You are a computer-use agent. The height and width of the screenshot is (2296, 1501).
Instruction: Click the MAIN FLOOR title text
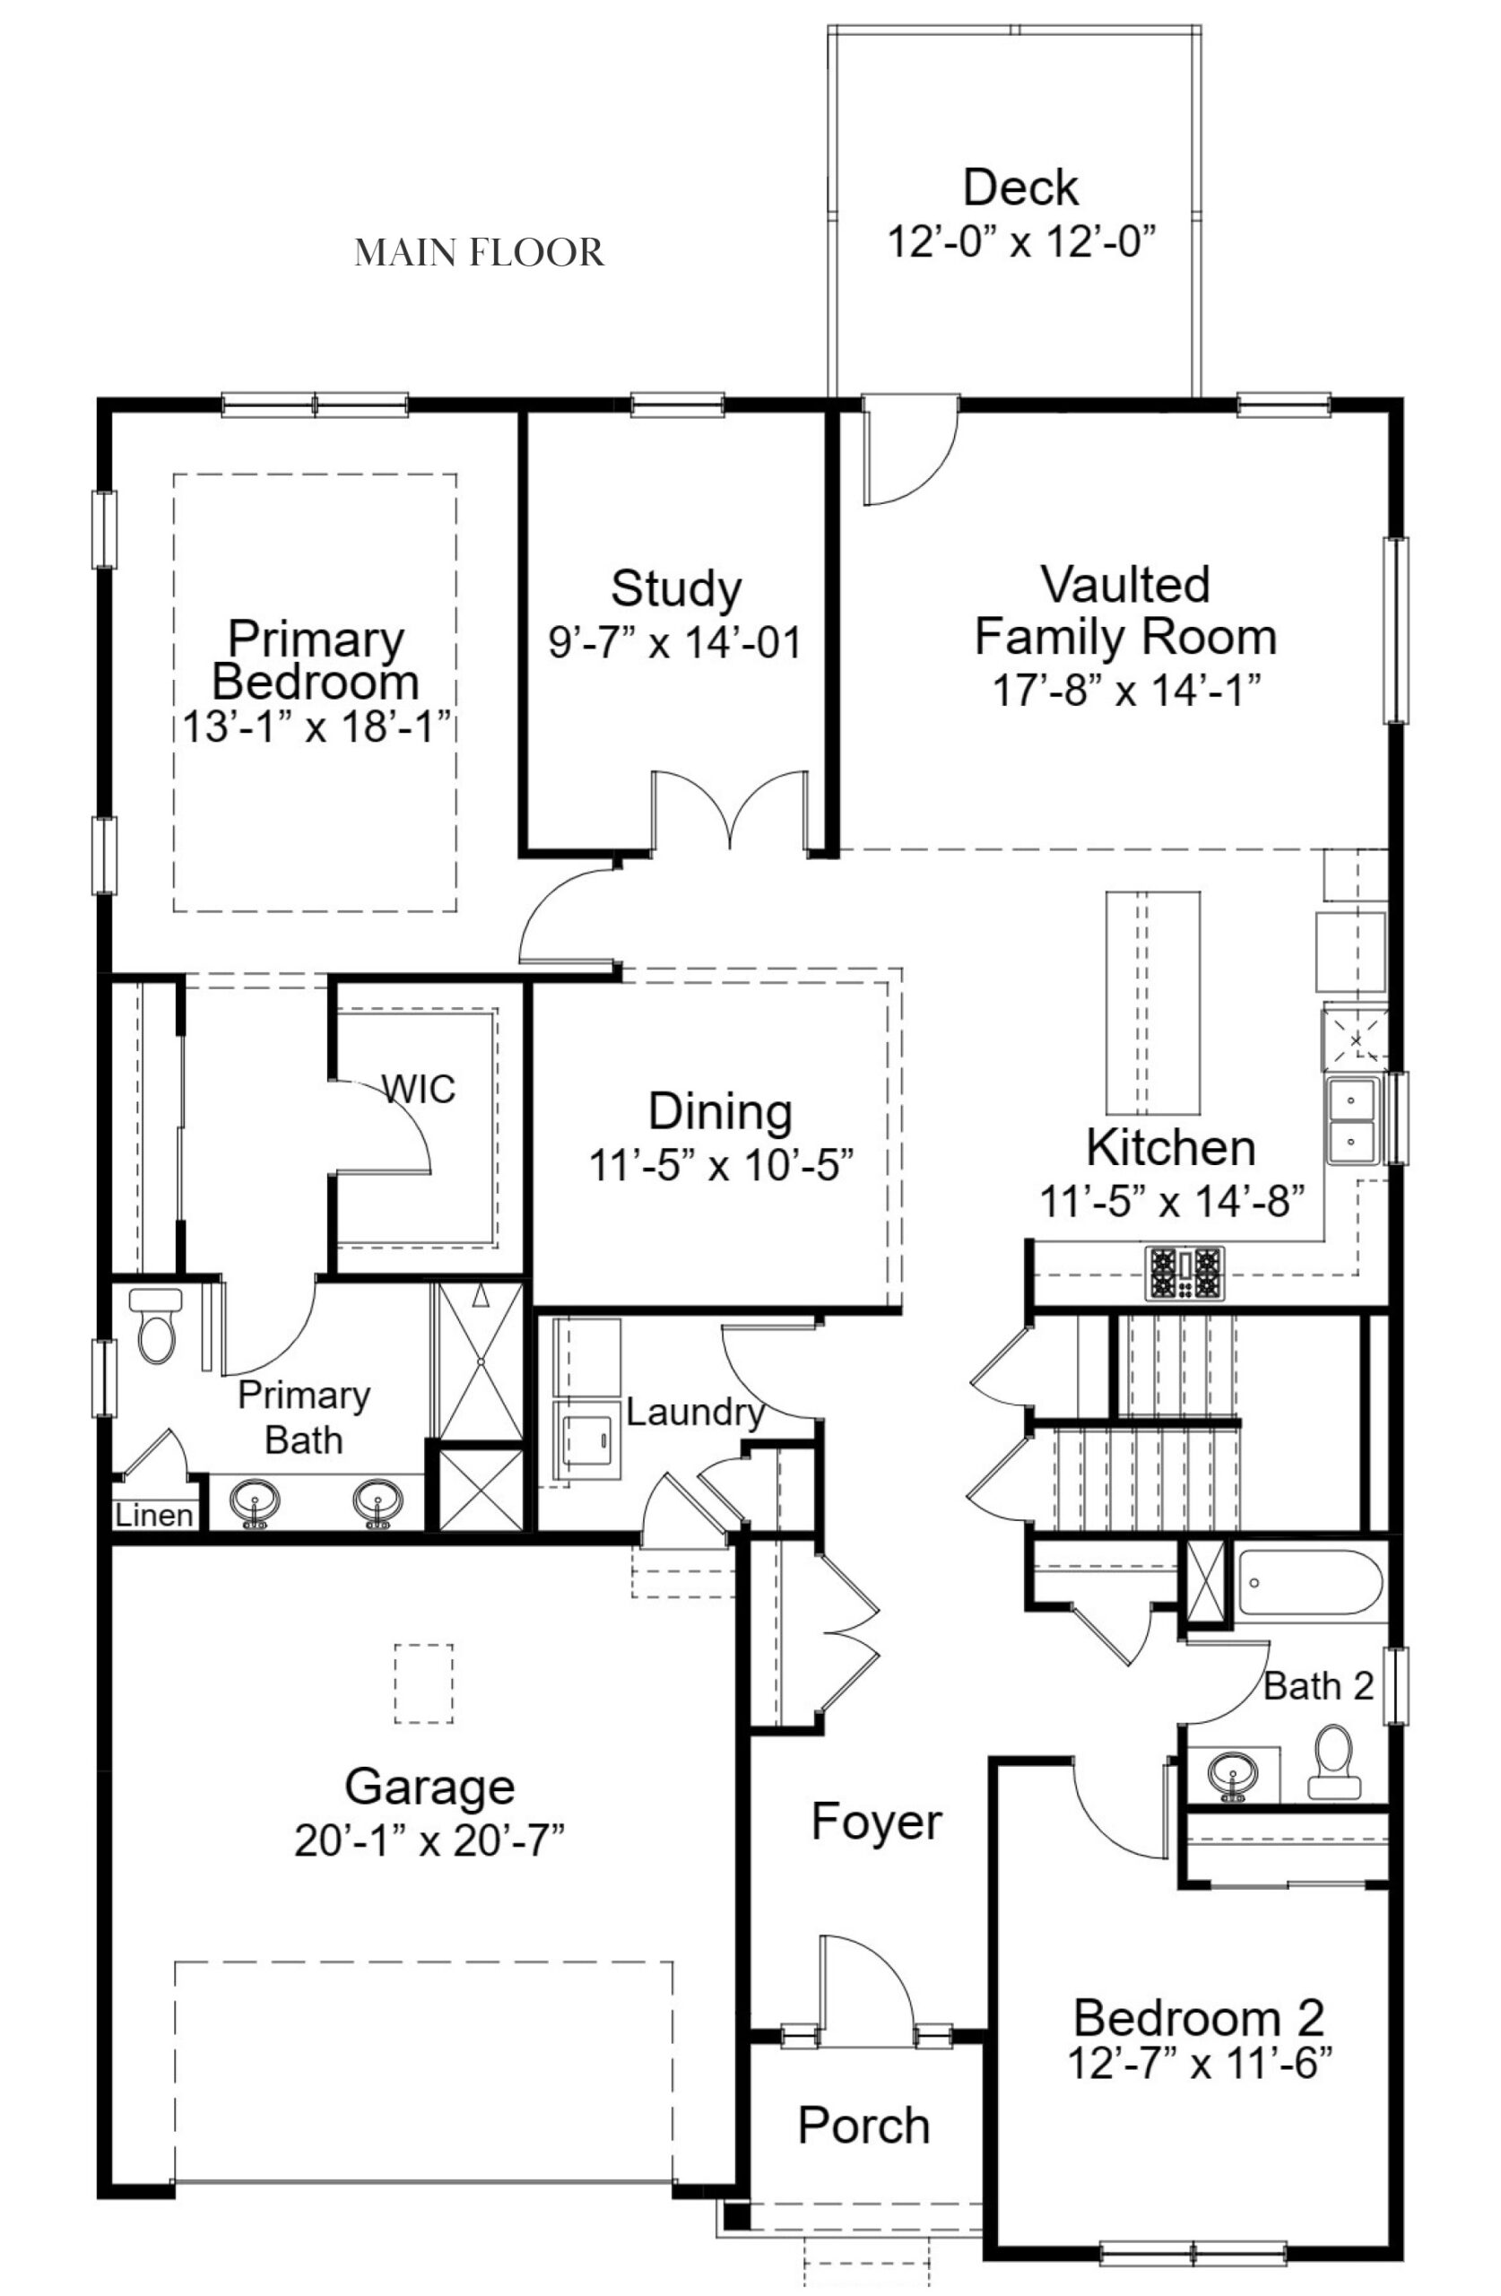[x=479, y=253]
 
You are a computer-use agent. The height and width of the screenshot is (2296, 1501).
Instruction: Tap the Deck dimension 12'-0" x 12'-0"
[x=1019, y=241]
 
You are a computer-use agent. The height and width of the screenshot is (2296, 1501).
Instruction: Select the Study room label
[x=675, y=588]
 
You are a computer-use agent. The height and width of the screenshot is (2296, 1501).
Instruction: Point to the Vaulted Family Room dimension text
[x=1126, y=691]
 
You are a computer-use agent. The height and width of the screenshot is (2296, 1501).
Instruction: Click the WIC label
[x=418, y=1089]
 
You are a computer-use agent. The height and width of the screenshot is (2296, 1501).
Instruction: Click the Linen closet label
[x=153, y=1516]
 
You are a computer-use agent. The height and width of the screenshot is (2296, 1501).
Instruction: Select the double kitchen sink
[x=1352, y=1121]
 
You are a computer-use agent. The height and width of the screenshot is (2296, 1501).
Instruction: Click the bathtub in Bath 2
[x=1309, y=1582]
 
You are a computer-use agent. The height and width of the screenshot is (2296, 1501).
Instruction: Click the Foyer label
[x=876, y=1822]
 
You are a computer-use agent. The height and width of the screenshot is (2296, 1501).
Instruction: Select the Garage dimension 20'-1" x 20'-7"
[x=429, y=1841]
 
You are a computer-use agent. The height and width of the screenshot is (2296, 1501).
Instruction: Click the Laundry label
[x=695, y=1413]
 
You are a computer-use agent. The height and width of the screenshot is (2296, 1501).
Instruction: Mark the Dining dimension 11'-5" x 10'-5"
[x=722, y=1166]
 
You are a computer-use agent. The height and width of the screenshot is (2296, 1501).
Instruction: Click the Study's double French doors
[x=730, y=811]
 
